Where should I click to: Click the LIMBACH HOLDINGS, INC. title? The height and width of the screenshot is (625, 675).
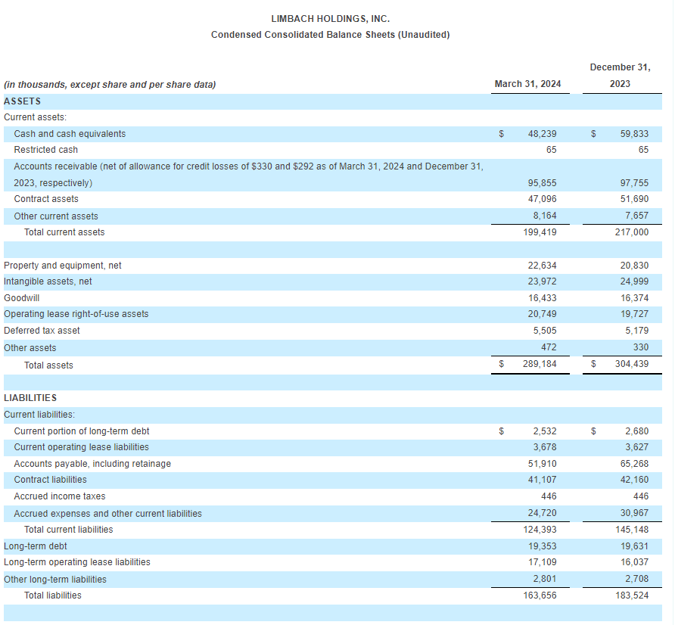click(x=330, y=19)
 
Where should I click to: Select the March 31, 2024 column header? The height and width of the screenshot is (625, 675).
click(x=527, y=84)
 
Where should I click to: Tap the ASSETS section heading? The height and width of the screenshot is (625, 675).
click(x=23, y=101)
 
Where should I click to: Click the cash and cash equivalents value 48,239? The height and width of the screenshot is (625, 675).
click(x=542, y=134)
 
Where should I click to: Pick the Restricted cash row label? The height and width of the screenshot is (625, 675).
click(x=45, y=150)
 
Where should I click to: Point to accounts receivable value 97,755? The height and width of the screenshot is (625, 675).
click(x=634, y=183)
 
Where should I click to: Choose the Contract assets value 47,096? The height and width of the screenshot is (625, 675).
click(x=542, y=199)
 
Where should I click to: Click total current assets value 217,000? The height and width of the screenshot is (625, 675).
click(x=632, y=232)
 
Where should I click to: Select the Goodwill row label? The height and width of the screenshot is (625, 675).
click(x=21, y=298)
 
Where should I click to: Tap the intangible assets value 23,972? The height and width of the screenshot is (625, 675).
click(x=542, y=281)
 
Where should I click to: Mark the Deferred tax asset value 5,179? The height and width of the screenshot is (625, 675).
click(x=636, y=331)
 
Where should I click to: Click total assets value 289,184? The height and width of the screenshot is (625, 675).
click(x=540, y=364)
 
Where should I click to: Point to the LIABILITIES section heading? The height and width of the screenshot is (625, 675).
click(x=30, y=398)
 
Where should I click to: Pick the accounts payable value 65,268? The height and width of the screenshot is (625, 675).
click(x=634, y=464)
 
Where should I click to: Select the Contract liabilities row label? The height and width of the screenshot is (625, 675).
click(x=50, y=480)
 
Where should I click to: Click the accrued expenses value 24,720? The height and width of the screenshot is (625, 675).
click(x=542, y=513)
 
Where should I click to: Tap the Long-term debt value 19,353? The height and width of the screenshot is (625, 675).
click(x=542, y=546)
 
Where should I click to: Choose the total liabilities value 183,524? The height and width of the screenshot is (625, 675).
click(x=632, y=595)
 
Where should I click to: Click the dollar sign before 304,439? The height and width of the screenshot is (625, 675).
click(x=593, y=364)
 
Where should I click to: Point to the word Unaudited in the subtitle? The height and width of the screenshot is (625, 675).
click(x=424, y=35)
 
